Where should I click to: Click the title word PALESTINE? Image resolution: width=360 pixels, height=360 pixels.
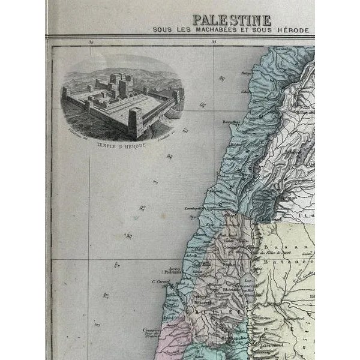click(x=230, y=20)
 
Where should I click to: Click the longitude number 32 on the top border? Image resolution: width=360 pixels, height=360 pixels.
click(x=91, y=42)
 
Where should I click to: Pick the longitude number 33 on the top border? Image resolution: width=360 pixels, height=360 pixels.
click(x=213, y=42)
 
